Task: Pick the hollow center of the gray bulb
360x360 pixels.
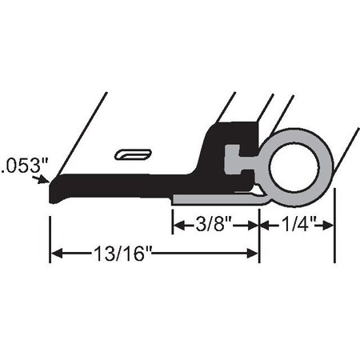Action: (300, 167)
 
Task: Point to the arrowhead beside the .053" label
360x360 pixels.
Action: (46, 182)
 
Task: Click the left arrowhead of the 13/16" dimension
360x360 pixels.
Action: (56, 254)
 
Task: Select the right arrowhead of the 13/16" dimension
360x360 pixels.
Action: (254, 254)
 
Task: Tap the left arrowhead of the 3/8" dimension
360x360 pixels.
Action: (178, 226)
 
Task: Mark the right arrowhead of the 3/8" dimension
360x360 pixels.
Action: (254, 226)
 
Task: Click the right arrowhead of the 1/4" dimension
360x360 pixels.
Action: (329, 226)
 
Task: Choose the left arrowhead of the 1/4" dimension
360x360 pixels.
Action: (265, 226)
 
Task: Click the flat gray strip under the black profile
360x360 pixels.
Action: (212, 196)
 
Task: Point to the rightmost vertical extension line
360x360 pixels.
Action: (334, 232)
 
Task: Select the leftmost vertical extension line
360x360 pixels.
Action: (50, 232)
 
